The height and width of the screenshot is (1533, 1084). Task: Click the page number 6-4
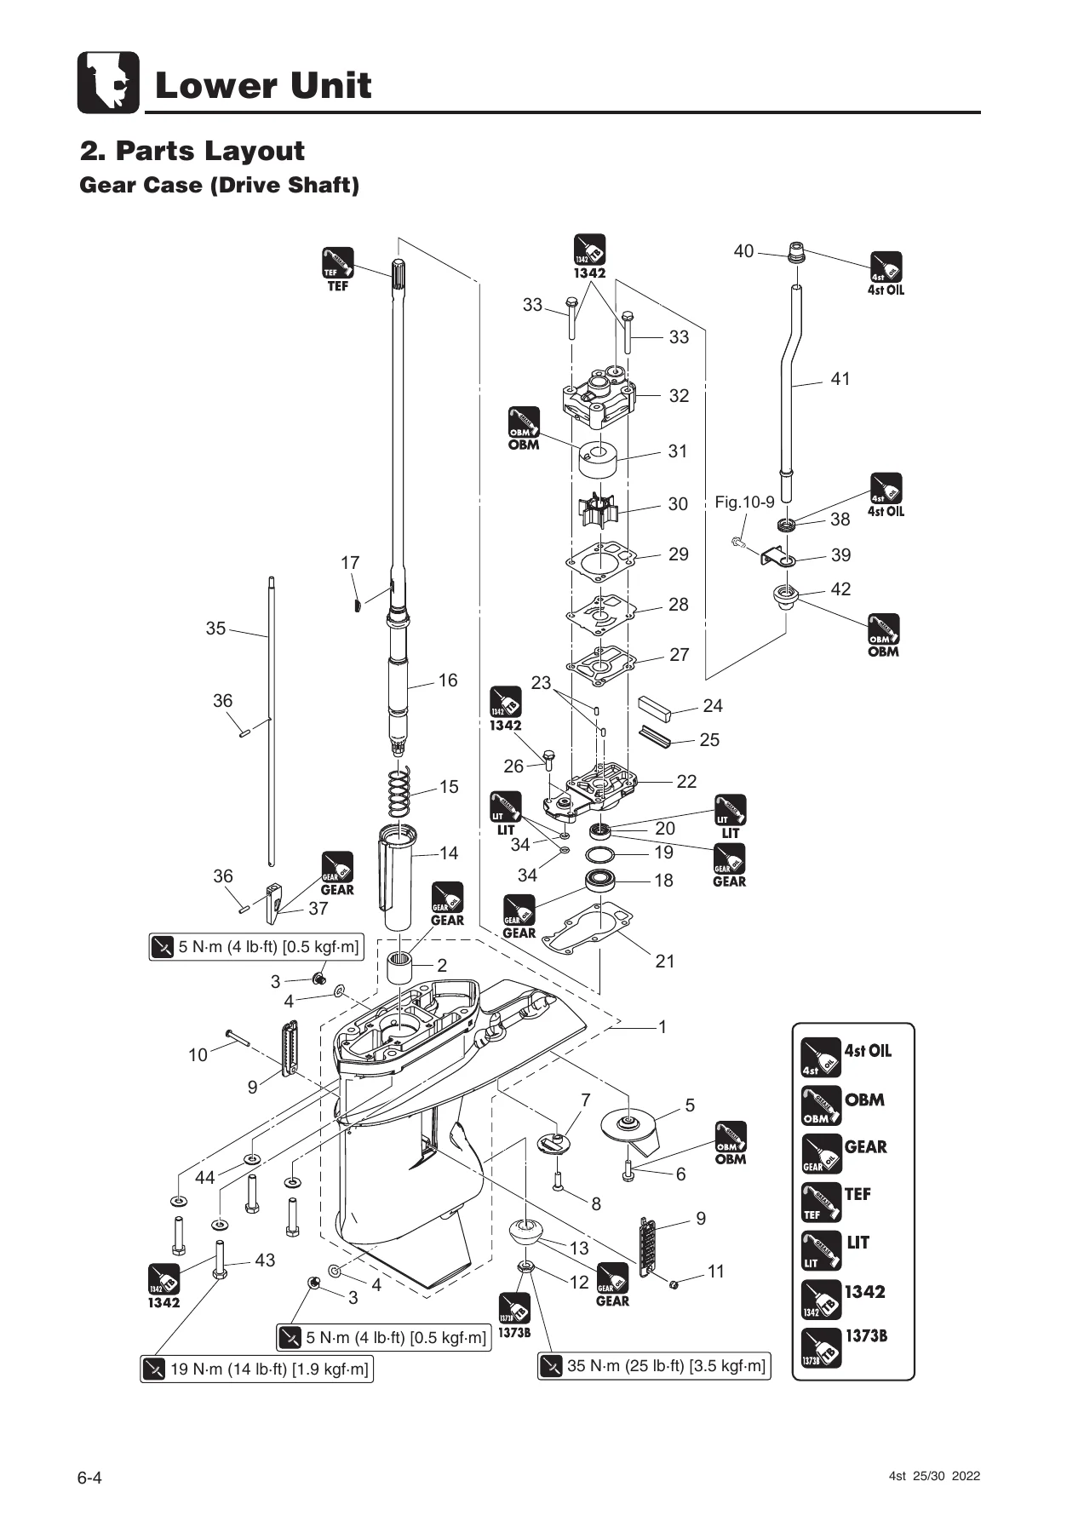[90, 1477]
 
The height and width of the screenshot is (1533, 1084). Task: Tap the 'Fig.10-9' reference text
[744, 502]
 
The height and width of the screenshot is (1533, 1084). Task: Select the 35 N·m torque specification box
[654, 1365]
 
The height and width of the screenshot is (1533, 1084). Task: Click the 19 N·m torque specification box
[257, 1369]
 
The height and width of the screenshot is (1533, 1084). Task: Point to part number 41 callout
[840, 379]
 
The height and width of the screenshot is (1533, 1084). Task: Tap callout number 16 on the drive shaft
[448, 680]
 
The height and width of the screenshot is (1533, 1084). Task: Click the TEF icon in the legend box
[821, 1202]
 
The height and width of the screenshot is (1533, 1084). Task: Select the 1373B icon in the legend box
[821, 1347]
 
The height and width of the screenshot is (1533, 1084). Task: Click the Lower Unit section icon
[108, 83]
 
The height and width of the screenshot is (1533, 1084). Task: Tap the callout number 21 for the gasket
[665, 962]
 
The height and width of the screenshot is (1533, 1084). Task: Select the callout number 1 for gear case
[662, 1027]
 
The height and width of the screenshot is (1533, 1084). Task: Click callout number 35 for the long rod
[216, 629]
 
